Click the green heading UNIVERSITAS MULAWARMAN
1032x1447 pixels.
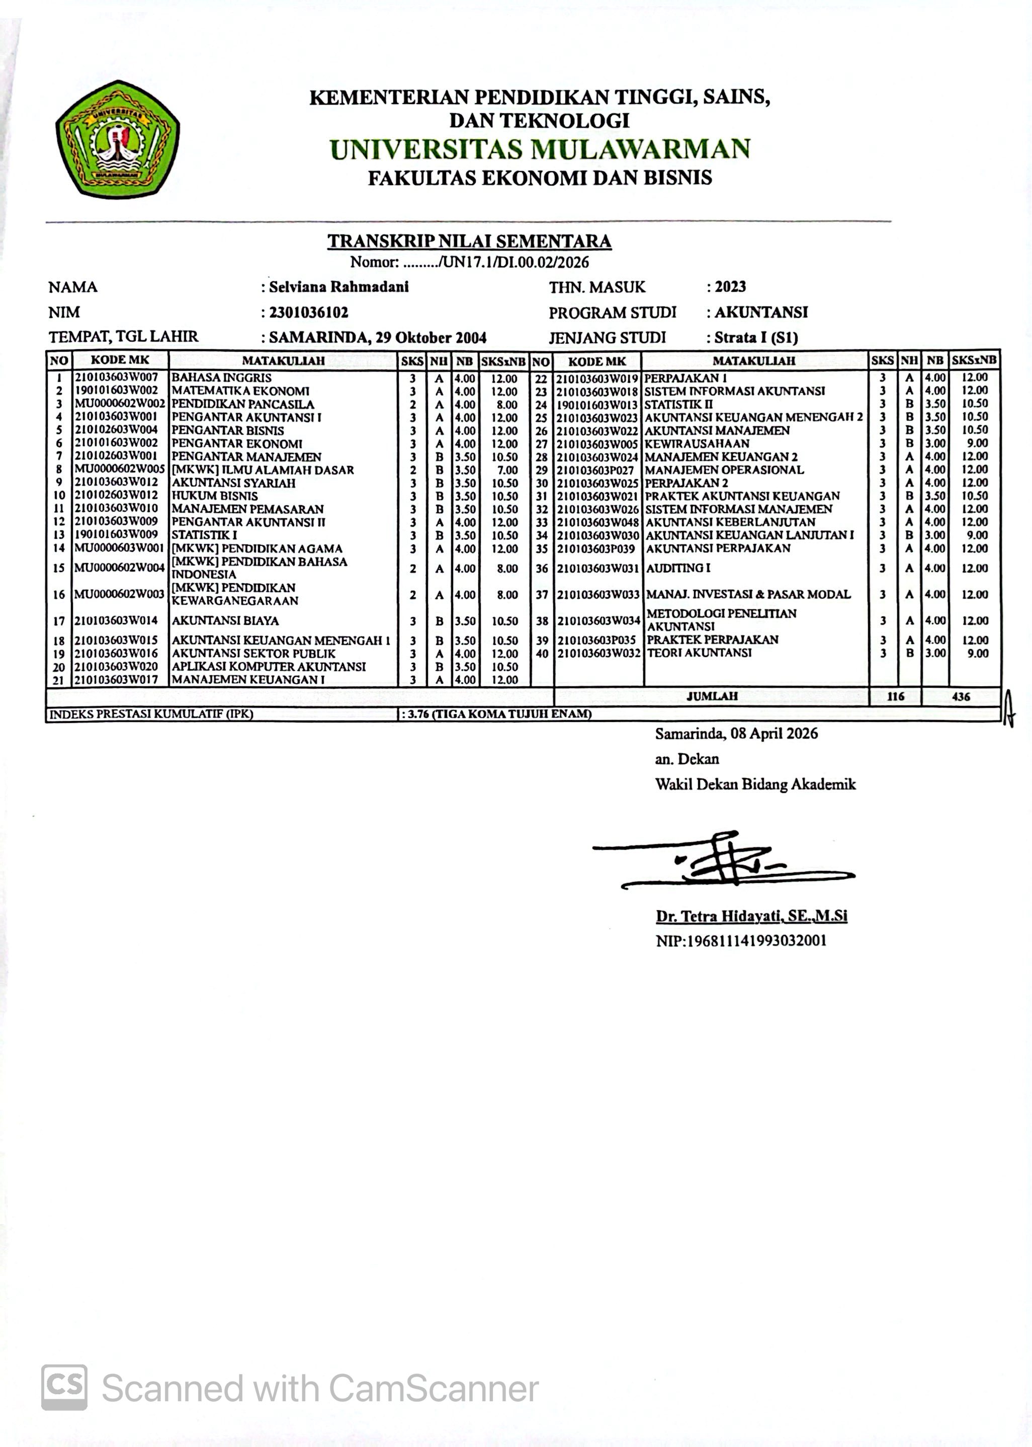point(540,149)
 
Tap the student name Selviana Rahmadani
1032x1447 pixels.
point(338,287)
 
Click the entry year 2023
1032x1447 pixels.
point(730,287)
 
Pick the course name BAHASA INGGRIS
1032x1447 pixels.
point(221,378)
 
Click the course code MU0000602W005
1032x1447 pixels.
point(120,469)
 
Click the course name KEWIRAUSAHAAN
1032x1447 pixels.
point(697,443)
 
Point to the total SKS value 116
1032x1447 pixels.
point(895,696)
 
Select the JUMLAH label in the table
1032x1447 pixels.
point(712,696)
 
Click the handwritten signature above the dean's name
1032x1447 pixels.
point(724,861)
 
